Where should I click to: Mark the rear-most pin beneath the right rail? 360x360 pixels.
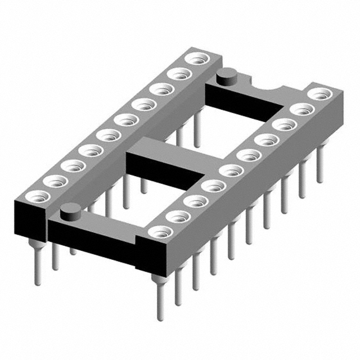[x=320, y=169]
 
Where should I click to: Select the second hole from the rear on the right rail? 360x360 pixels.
[x=303, y=108]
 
